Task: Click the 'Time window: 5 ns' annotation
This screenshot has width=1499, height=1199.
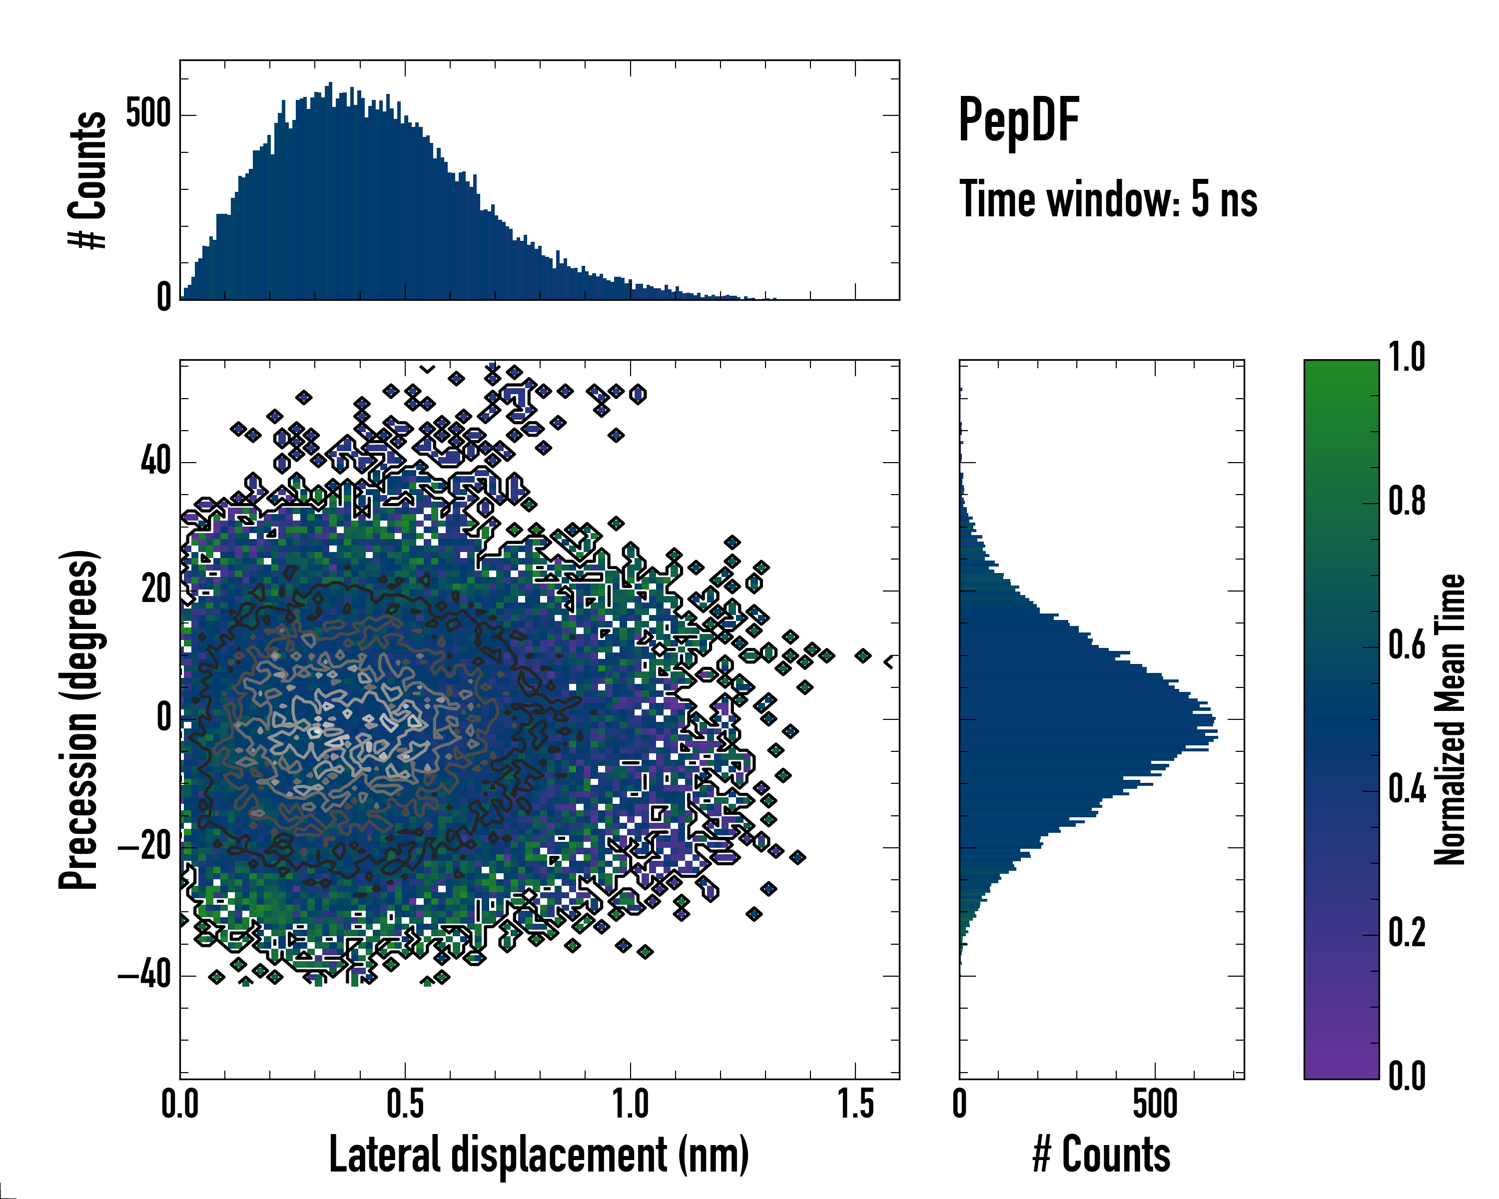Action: click(1108, 199)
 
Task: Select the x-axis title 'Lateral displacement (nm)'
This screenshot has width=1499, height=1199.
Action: click(539, 1155)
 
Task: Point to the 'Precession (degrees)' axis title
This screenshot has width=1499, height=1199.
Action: click(78, 720)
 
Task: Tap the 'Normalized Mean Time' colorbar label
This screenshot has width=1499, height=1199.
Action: click(1449, 719)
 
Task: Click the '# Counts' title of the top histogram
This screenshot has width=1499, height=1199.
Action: click(87, 180)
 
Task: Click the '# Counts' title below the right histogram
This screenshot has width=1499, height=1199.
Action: click(1101, 1155)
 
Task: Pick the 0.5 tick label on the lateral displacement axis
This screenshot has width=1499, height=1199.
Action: click(405, 1105)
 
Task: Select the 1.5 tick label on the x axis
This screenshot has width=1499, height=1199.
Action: click(855, 1105)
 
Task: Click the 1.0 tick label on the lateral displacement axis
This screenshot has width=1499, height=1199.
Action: click(630, 1105)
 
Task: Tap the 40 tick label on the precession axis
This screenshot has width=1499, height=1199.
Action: click(156, 462)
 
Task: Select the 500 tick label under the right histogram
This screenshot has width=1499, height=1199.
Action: click(1155, 1105)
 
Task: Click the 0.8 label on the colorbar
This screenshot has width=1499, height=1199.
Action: click(1407, 502)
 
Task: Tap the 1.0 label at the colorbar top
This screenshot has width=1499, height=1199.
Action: click(1407, 358)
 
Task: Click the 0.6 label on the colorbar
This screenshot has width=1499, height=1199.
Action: click(1407, 646)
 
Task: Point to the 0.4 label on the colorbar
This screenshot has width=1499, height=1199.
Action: click(1407, 790)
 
